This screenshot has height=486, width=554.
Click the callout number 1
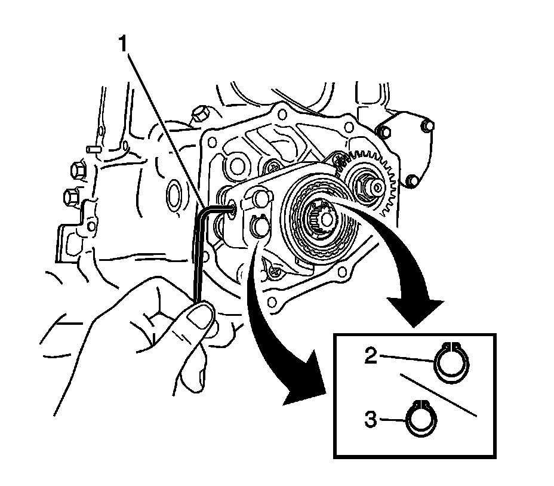point(124,45)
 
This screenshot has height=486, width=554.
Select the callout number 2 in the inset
point(371,357)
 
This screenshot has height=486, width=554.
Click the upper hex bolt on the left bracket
point(77,170)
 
